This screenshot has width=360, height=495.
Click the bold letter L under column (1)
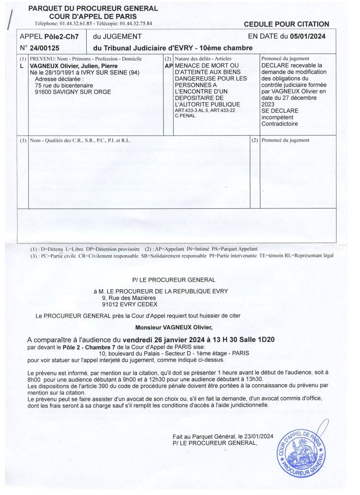tap(22, 66)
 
